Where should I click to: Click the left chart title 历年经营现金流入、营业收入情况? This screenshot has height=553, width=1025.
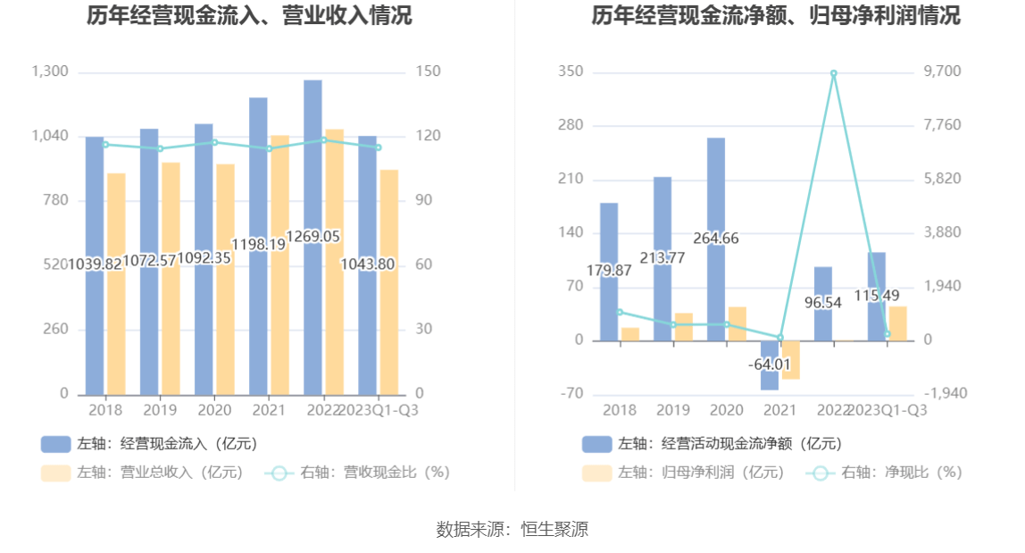[x=249, y=16]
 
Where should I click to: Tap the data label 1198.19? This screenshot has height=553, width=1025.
[x=258, y=244]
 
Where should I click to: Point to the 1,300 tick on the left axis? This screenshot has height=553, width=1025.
[x=50, y=71]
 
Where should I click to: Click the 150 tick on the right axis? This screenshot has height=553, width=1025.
[x=429, y=71]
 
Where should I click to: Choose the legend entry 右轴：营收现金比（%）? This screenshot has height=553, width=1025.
[x=357, y=473]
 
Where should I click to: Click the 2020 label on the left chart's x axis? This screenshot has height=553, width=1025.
[x=213, y=410]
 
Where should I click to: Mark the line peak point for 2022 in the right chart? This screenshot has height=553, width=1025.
[x=833, y=73]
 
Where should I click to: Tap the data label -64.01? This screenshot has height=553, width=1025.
[x=769, y=364]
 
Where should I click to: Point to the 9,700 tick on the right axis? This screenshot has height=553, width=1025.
[x=943, y=71]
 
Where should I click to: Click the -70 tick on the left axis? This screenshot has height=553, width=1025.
[x=570, y=394]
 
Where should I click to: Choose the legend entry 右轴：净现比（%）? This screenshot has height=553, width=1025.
[x=885, y=473]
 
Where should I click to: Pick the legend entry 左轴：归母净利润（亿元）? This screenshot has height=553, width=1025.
[x=683, y=473]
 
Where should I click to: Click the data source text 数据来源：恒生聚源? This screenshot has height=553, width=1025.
[x=512, y=529]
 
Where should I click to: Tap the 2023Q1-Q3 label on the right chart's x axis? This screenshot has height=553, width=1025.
[x=887, y=410]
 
